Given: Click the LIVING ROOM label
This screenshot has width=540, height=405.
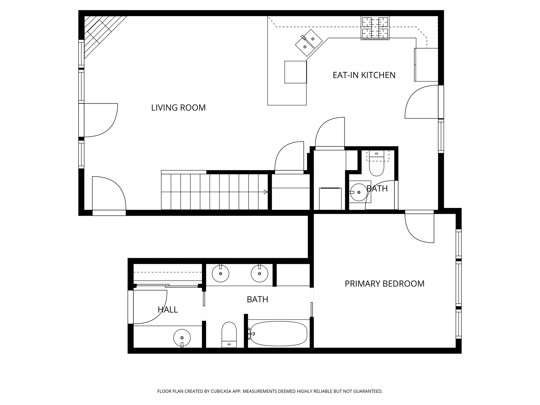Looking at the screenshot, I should click(x=178, y=108).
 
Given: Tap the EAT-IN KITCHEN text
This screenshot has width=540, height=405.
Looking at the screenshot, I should click(x=364, y=75).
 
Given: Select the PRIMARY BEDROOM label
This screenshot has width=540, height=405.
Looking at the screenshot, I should click(x=384, y=284).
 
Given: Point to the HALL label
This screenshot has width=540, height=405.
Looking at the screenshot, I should click(x=168, y=310).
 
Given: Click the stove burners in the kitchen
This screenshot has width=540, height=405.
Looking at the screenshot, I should click(x=375, y=28).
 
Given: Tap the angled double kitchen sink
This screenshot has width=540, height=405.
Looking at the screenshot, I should click(x=309, y=43).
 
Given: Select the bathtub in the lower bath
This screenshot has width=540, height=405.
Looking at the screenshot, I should click(x=279, y=334).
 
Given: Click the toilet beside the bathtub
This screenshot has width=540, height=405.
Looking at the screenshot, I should click(x=229, y=334).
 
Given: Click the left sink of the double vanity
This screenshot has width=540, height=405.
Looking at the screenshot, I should click(x=220, y=274).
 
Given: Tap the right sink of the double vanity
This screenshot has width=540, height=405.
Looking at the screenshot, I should click(x=259, y=274).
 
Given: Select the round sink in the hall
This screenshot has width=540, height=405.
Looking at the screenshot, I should click(x=182, y=338).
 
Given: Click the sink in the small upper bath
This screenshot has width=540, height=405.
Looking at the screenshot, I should click(x=359, y=192).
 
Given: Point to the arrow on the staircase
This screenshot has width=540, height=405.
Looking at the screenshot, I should click(x=266, y=192).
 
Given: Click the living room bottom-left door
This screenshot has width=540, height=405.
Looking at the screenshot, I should click(x=109, y=194).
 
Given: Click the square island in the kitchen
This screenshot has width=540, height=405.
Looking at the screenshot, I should click(x=296, y=72).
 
